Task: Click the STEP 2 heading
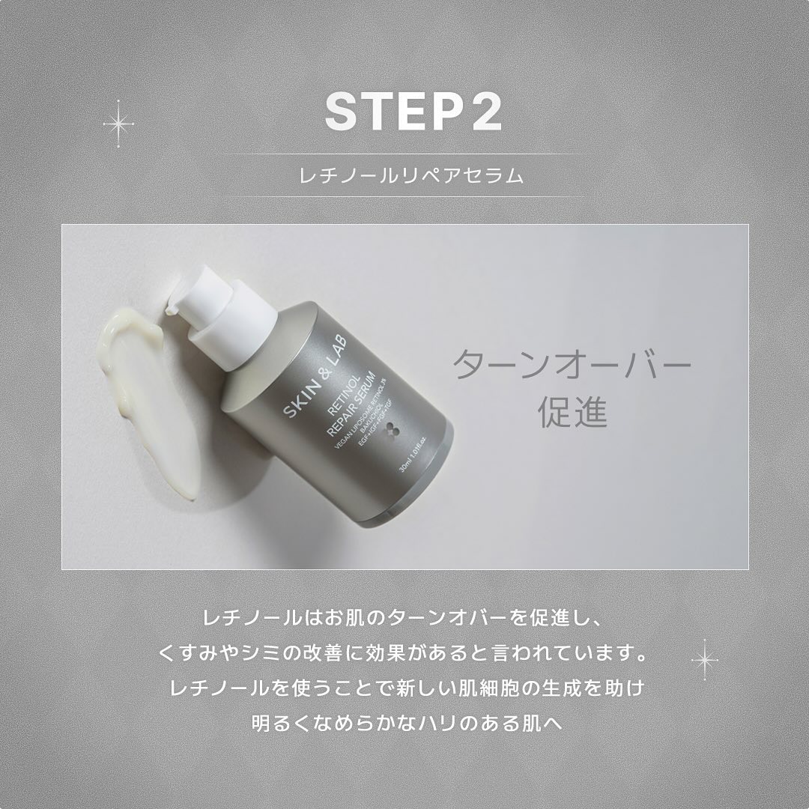pos(413,112)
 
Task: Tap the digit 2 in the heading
pos(485,112)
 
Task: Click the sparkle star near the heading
pos(118,123)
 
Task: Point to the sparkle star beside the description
pos(704,659)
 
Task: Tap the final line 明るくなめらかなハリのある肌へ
pos(404,724)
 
